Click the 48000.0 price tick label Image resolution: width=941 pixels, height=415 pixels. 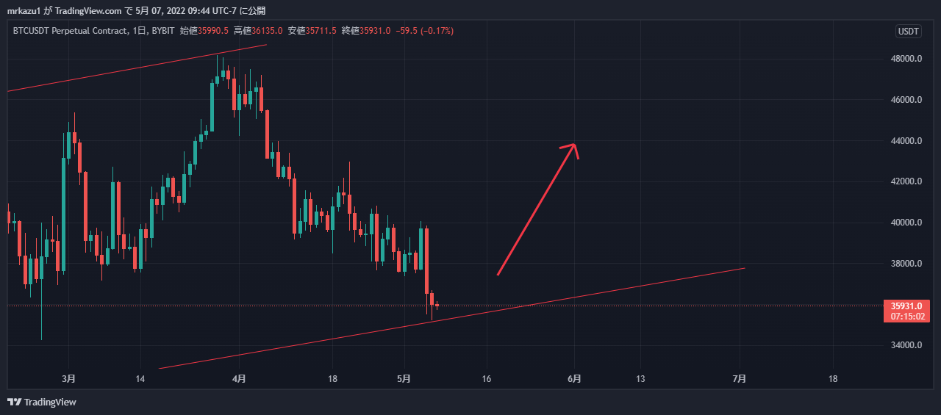click(906, 59)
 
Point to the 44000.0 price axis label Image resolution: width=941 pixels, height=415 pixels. click(906, 141)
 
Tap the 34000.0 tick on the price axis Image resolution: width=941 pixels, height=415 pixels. click(906, 345)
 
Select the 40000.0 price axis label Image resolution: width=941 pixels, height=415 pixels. click(906, 223)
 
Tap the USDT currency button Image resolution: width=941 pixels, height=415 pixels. click(908, 31)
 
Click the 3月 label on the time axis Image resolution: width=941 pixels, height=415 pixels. click(68, 379)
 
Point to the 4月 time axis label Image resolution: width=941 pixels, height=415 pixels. click(238, 379)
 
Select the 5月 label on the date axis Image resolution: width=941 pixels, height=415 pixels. click(404, 379)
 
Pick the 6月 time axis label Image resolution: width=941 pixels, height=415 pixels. click(575, 379)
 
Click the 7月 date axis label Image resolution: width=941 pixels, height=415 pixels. click(740, 379)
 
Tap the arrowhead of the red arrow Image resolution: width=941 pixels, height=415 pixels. click(573, 145)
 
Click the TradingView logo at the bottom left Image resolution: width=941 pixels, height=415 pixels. click(42, 402)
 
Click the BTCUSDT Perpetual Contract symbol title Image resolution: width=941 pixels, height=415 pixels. click(68, 31)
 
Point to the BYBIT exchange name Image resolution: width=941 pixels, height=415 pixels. click(162, 31)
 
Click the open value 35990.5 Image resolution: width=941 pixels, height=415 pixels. click(212, 31)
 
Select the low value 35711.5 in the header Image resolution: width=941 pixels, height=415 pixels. click(321, 31)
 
